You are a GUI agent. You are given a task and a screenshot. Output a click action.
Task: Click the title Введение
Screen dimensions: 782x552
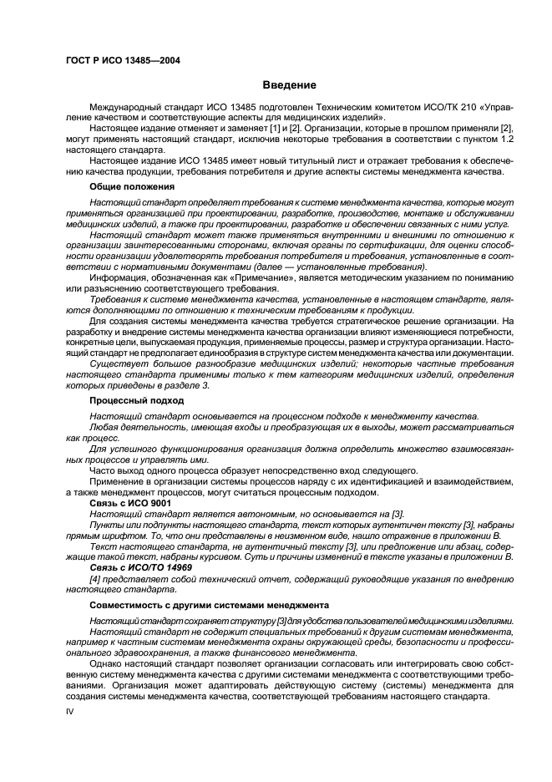pyautogui.click(x=288, y=86)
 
